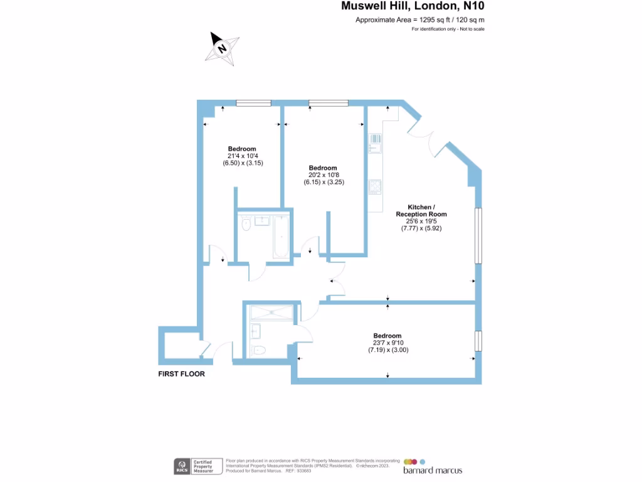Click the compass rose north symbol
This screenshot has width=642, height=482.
tap(222, 48)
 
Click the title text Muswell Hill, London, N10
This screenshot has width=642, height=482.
tap(413, 7)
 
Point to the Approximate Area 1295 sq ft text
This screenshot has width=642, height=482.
tap(419, 20)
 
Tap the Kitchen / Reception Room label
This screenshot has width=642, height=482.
tap(421, 210)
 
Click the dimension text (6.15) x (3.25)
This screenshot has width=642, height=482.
tap(324, 182)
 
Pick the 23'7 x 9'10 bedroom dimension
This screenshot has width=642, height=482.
tap(387, 343)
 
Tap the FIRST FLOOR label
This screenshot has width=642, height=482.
tap(181, 373)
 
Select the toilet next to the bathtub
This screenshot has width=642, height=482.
tap(246, 223)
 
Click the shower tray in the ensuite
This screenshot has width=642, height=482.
tap(271, 313)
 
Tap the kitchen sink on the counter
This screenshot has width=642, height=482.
tap(376, 144)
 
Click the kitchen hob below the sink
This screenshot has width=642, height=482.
tap(376, 186)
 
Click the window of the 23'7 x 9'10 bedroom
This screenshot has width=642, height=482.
tap(478, 340)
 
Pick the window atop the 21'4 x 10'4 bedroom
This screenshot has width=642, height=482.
tap(253, 103)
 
